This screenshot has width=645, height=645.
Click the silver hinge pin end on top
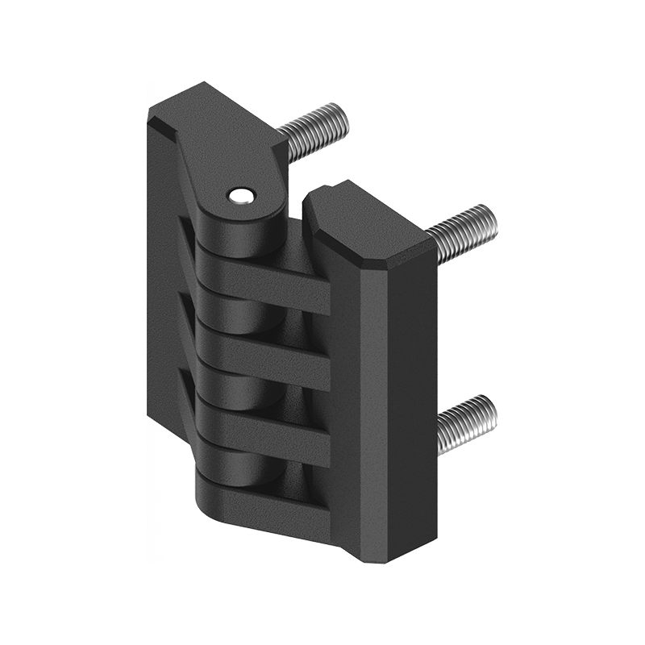[x=239, y=195]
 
